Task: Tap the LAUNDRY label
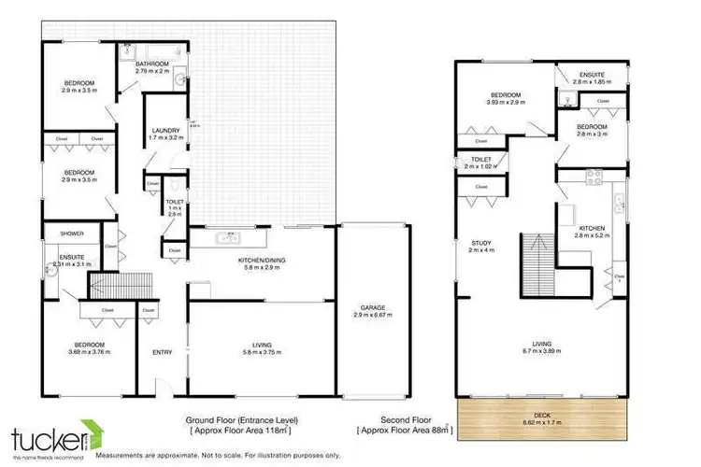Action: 164,131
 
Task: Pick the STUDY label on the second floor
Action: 479,243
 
